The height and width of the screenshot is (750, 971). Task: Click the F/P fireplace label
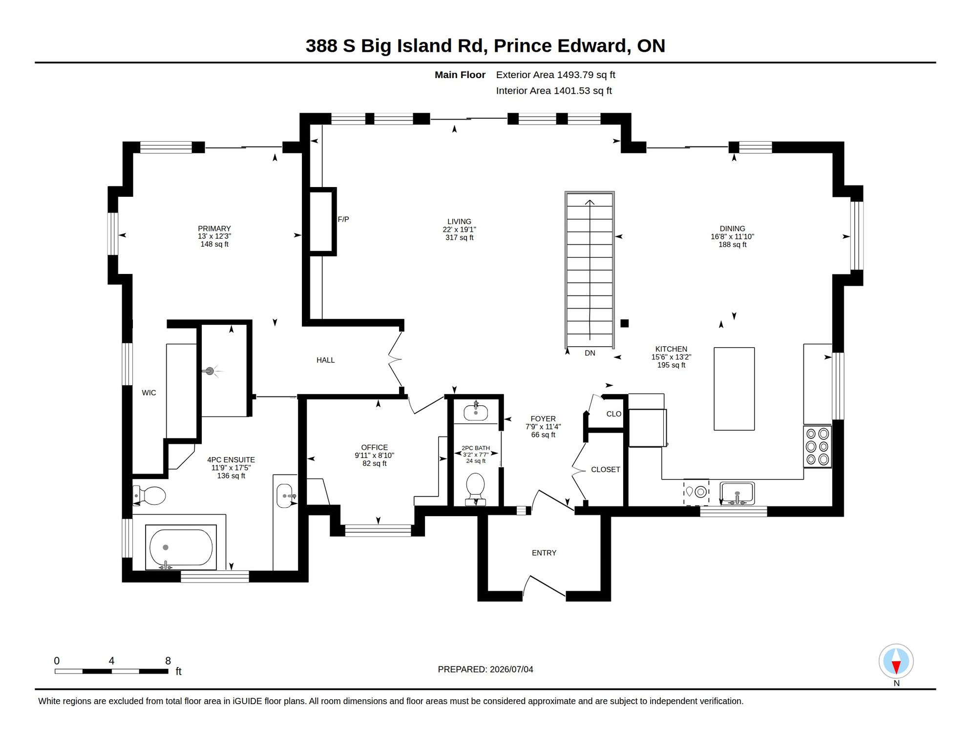coord(343,220)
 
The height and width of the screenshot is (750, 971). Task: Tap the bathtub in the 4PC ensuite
coord(181,547)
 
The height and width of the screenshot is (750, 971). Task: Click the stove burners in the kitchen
coord(817,446)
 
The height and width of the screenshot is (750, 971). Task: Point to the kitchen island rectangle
coord(734,389)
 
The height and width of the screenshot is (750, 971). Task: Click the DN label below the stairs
coord(590,353)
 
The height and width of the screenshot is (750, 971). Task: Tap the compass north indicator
coord(896,662)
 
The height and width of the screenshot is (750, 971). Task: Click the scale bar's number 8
coord(168,661)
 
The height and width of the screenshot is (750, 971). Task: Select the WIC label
coord(149,393)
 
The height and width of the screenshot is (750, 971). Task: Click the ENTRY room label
coord(544,553)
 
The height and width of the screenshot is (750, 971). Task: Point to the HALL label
coord(325,360)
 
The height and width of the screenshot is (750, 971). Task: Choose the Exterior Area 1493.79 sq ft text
coord(555,75)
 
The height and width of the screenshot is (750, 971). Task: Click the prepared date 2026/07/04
coord(511,669)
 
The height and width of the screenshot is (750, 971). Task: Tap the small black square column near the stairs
coord(624,323)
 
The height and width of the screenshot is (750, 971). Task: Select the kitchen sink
coord(737,493)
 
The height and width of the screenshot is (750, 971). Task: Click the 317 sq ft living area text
coord(459,238)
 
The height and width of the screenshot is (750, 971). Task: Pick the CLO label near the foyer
coord(614,414)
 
